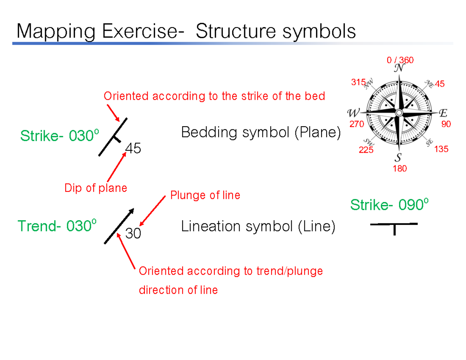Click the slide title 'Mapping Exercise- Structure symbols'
[x=186, y=31]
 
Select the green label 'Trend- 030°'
[x=57, y=226]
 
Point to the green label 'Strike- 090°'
[x=389, y=205]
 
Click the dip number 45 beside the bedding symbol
[x=133, y=148]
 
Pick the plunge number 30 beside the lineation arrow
[x=133, y=234]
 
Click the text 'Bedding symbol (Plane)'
[x=261, y=133]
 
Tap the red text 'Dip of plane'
[x=96, y=188]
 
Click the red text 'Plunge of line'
[x=205, y=195]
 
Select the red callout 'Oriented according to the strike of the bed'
[x=214, y=96]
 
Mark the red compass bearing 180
[x=400, y=169]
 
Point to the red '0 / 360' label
[x=400, y=60]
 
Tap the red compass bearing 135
[x=441, y=149]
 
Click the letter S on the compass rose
[x=398, y=158]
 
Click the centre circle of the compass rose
[x=399, y=113]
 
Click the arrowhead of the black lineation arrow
[x=132, y=211]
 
